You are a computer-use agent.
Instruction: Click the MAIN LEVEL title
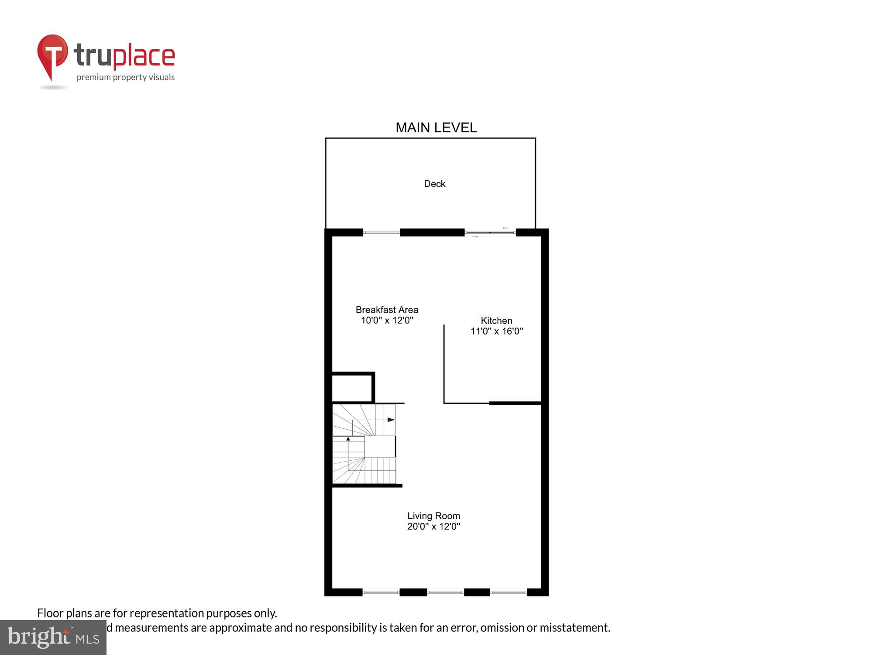[436, 128]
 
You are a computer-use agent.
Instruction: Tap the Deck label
[435, 184]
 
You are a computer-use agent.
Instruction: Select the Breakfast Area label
[387, 310]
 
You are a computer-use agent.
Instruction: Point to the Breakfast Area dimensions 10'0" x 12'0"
[387, 320]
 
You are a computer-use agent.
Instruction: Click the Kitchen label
[496, 321]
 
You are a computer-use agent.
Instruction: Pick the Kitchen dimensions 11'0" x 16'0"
[496, 331]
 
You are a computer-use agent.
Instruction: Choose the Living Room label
[433, 516]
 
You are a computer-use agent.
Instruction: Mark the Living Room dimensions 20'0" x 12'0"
[433, 526]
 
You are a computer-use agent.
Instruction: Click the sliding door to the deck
[490, 232]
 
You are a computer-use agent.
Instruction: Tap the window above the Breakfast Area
[382, 232]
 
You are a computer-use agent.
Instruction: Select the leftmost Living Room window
[381, 592]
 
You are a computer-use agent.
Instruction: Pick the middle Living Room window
[445, 592]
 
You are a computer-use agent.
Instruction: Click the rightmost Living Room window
[509, 592]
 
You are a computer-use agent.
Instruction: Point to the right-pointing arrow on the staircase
[391, 420]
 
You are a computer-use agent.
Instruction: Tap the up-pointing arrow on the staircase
[348, 438]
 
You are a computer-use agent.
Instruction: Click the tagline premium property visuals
[126, 77]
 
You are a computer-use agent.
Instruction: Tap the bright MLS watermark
[53, 638]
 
